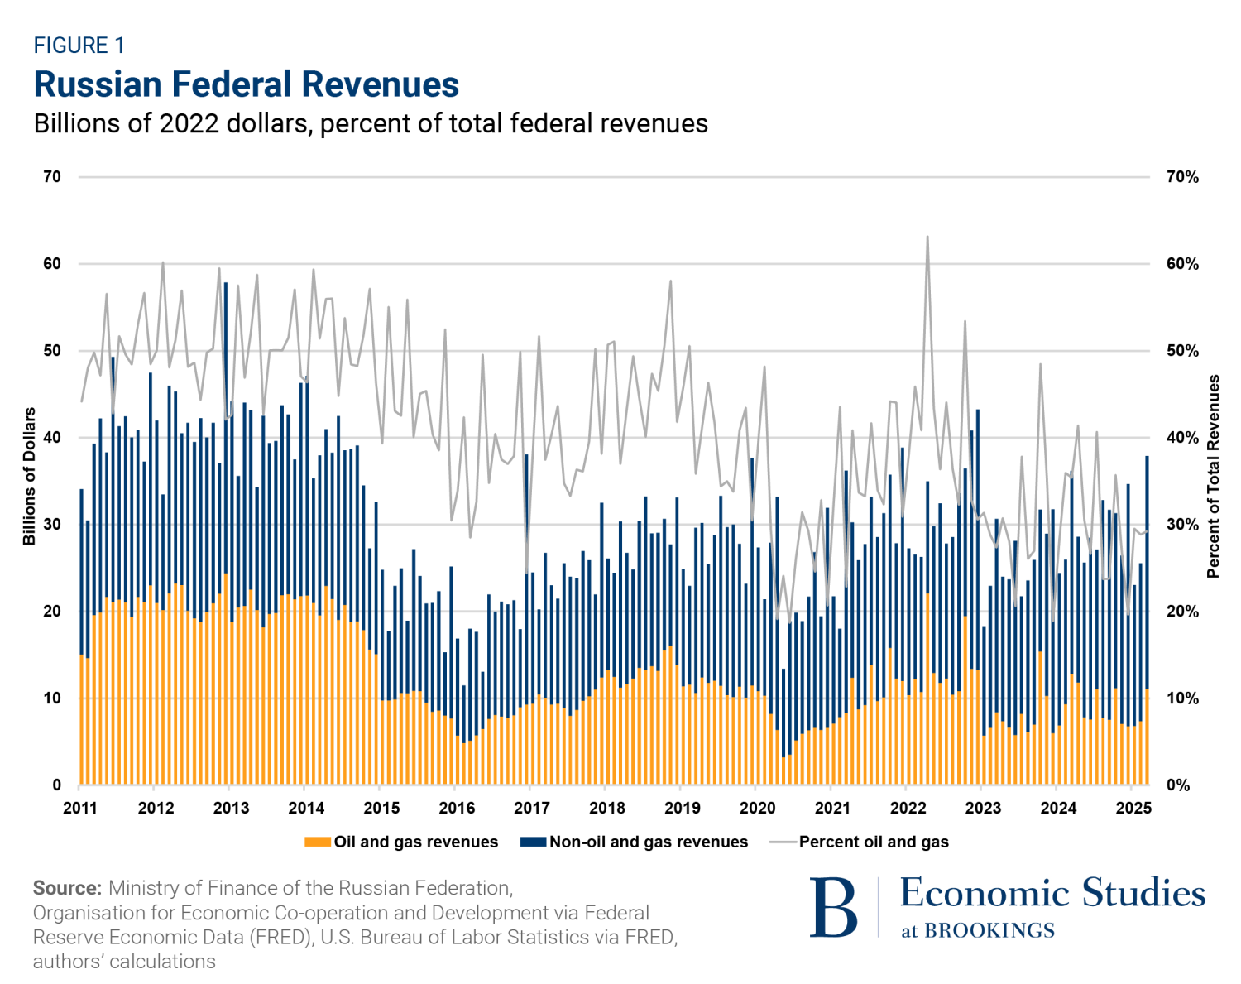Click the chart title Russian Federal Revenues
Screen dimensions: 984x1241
coord(246,84)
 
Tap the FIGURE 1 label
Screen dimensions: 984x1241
coord(79,46)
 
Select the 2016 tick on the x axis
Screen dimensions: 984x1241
coord(457,808)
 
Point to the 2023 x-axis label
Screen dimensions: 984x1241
coord(983,808)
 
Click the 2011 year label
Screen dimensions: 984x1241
coord(80,808)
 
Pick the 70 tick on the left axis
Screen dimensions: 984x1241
coord(52,177)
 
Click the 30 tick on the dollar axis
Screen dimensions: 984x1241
coord(52,525)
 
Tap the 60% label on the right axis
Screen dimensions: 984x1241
coord(1181,264)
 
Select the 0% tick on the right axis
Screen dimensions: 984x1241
coord(1178,785)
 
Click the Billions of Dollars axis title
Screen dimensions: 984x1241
coord(30,477)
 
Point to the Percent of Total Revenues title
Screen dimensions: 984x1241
coord(1214,477)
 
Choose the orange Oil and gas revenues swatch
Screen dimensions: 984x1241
coord(318,842)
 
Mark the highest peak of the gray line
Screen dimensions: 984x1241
coord(927,237)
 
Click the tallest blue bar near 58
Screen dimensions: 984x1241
coord(226,285)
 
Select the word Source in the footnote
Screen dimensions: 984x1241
coord(66,888)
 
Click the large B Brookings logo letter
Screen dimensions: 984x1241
coord(834,908)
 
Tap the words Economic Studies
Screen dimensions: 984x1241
coord(1052,893)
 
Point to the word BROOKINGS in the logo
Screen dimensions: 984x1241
coord(989,931)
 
